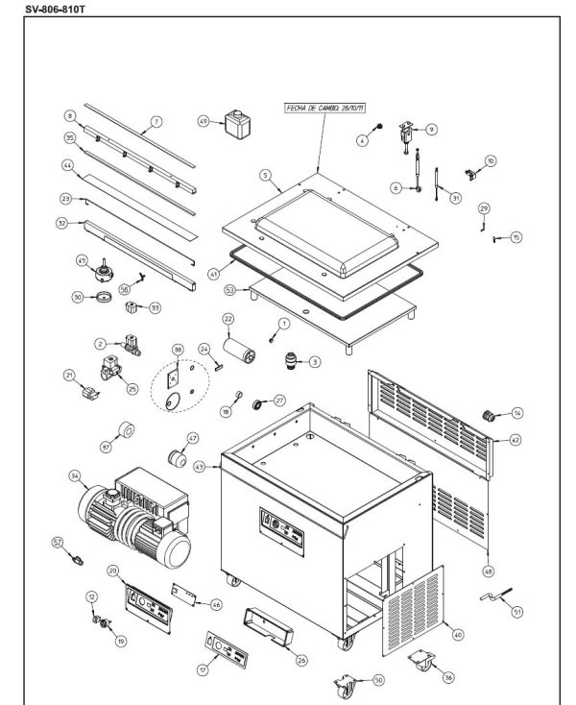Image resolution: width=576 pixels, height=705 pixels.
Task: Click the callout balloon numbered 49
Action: [x=204, y=122]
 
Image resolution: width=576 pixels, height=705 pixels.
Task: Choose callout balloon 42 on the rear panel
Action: [x=515, y=440]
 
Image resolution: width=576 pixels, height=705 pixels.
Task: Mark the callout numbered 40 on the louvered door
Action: [x=457, y=634]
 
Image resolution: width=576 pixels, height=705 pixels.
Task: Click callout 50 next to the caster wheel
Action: [x=378, y=679]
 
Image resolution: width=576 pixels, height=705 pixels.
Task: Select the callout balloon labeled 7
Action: [x=156, y=122]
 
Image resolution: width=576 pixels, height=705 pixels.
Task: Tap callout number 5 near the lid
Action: [x=265, y=176]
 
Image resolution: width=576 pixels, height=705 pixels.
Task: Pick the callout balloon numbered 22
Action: [x=228, y=318]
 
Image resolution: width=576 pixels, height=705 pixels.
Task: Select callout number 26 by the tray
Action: [x=301, y=659]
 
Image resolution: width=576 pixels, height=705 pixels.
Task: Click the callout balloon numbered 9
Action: [x=431, y=129]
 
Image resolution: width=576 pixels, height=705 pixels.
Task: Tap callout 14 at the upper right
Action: [x=517, y=413]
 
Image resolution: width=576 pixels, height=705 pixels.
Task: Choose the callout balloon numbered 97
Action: [x=106, y=447]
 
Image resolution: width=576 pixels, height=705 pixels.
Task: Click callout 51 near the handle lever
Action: [x=517, y=611]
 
